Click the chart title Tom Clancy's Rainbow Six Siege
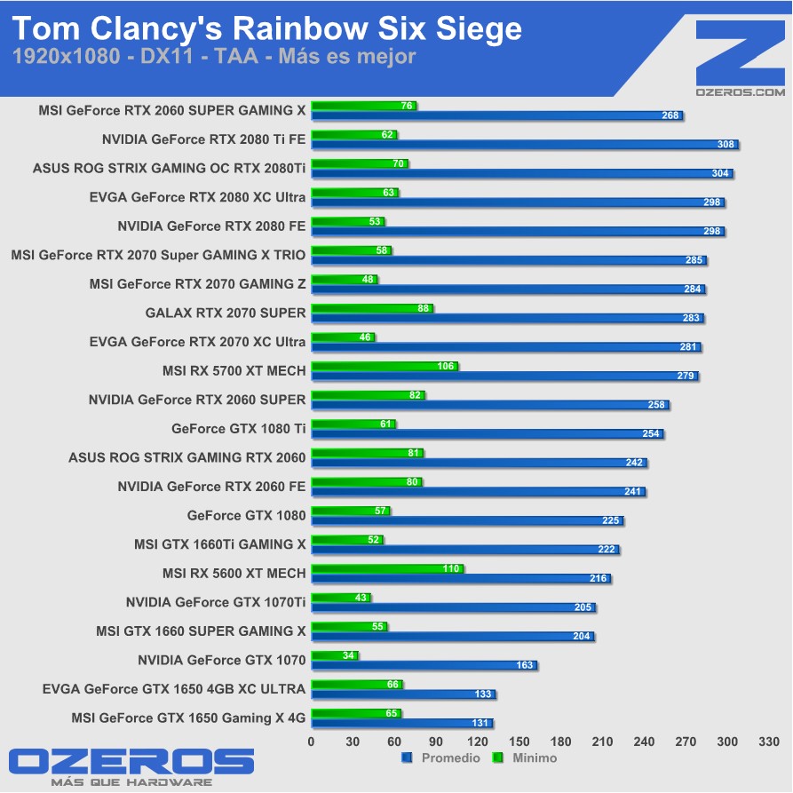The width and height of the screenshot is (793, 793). point(266,29)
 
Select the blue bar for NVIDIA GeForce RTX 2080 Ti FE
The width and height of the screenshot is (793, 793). point(524,145)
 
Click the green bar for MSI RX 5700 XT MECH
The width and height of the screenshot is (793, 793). point(385,366)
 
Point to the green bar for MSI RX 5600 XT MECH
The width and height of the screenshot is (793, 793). point(387,568)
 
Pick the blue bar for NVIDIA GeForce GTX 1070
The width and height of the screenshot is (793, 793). point(424,664)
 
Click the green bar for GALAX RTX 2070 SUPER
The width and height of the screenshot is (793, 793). point(371,308)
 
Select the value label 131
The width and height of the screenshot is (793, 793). point(481,723)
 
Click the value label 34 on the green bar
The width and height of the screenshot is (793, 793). point(348,655)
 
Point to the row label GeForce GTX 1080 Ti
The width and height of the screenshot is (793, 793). point(238,428)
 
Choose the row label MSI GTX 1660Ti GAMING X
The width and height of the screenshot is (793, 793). point(219,543)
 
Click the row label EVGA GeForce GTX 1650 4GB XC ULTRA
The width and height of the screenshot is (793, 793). point(173,688)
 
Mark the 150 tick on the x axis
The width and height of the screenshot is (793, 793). point(519,741)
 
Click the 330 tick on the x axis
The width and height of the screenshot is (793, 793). point(769,741)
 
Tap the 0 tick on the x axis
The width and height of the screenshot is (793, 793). point(311,741)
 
